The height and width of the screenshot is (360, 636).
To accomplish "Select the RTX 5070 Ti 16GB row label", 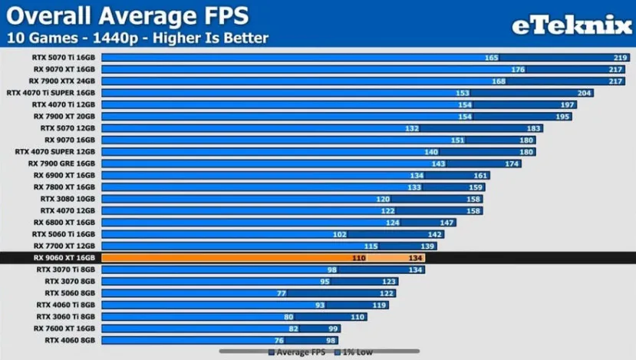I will pyautogui.click(x=64, y=57).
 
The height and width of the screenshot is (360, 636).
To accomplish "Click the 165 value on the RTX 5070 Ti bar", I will pyautogui.click(x=492, y=58).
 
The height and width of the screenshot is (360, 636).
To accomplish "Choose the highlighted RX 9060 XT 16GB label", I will pyautogui.click(x=64, y=258).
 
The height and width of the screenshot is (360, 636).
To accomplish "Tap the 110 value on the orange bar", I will pyautogui.click(x=358, y=258).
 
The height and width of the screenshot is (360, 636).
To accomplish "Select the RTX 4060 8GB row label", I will pyautogui.click(x=70, y=340).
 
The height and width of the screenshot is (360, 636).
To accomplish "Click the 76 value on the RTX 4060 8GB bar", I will pyautogui.click(x=279, y=340).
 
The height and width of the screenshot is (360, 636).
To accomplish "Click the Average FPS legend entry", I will pyautogui.click(x=299, y=352).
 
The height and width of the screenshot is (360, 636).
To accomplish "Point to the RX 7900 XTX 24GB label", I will pyautogui.click(x=62, y=81).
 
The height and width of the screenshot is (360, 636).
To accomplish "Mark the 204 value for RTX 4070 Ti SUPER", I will pyautogui.click(x=585, y=93).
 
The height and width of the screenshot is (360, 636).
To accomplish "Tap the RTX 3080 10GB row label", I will pyautogui.click(x=68, y=199).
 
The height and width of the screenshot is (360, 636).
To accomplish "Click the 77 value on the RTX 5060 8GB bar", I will pyautogui.click(x=282, y=293).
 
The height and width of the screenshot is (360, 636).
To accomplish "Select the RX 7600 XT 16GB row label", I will pyautogui.click(x=64, y=329).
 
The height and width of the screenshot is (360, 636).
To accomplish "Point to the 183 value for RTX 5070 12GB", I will pyautogui.click(x=534, y=128).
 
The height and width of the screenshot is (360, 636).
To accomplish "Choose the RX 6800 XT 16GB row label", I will pyautogui.click(x=64, y=223).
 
